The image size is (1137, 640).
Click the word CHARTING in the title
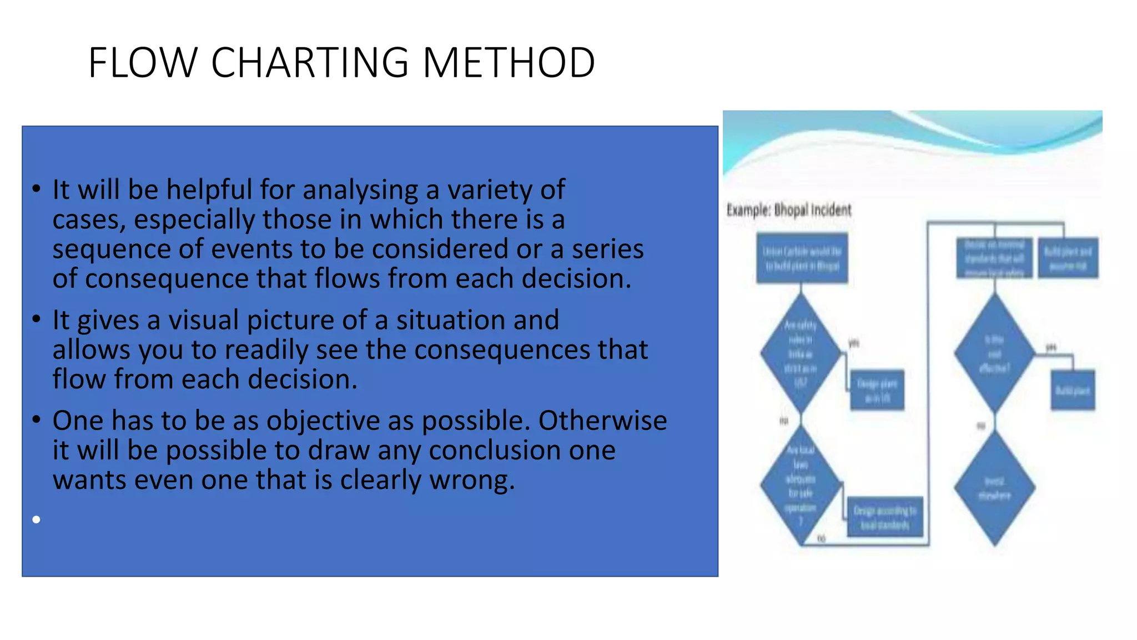310,62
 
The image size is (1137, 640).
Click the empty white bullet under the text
37,519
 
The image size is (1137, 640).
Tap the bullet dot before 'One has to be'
37,419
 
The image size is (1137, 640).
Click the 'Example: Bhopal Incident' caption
788,210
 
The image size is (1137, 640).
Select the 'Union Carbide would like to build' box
802,259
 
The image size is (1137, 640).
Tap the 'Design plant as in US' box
877,391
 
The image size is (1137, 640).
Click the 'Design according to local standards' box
885,517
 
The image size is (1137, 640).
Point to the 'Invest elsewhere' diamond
994,488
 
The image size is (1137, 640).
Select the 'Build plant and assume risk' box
1068,259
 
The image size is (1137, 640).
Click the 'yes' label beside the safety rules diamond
854,343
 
